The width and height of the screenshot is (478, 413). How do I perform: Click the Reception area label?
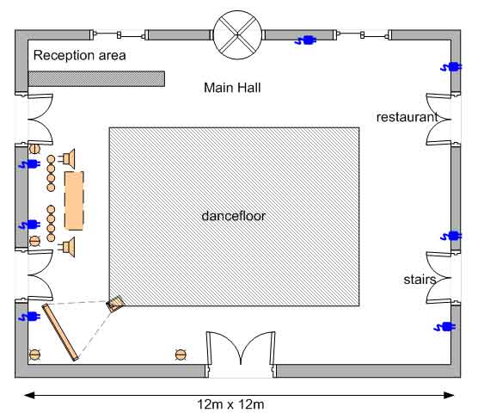pos(80,55)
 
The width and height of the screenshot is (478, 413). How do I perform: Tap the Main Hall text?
pos(232,88)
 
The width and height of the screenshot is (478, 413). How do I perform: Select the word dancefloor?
pos(234,216)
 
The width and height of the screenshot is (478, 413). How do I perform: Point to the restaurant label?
pos(407,117)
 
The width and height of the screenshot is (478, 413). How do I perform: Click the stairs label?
pos(420,280)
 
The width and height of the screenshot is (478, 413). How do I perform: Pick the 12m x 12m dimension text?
pos(230,404)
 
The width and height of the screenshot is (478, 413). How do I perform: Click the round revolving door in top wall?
pos(237,34)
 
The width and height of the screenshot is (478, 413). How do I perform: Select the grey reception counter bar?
pos(96,78)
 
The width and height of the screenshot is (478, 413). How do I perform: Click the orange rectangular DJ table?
pos(74,200)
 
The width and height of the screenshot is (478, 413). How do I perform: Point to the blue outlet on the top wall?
pos(305,40)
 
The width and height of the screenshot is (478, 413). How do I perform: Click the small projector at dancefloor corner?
pos(115,304)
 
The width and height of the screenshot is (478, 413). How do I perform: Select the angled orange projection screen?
pos(60,332)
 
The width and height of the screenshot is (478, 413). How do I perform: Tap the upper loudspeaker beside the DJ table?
pos(68,158)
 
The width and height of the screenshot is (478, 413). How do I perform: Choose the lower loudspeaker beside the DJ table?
pos(68,247)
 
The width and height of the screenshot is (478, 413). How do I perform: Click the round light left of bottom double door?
pos(181,354)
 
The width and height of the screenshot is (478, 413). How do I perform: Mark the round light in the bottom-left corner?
pos(34,354)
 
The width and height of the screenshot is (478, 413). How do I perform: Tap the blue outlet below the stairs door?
pos(444,327)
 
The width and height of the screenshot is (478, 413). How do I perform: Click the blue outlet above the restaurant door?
pos(451,67)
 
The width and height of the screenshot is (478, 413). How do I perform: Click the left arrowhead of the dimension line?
pos(29,395)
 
